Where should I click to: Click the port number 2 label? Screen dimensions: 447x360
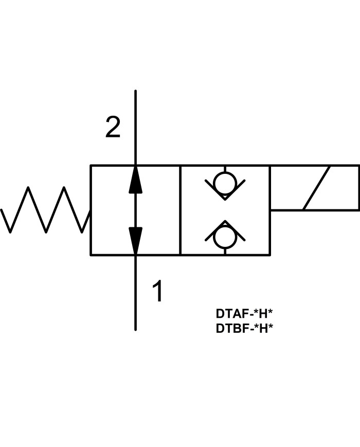(113, 128)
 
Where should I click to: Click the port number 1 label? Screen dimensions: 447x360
(158, 292)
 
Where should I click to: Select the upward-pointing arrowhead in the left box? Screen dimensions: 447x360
(135, 180)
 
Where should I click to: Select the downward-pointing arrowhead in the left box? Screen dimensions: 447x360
(135, 240)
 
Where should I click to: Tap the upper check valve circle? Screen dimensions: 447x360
(225, 184)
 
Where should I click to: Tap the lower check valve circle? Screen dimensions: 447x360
(225, 237)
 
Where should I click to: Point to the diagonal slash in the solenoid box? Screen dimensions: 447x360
(316, 188)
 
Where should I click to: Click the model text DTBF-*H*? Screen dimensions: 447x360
(244, 328)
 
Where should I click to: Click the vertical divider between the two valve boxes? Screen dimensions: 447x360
(180, 210)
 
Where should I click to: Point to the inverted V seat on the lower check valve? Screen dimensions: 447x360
(225, 230)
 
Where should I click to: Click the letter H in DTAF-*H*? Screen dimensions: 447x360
(262, 314)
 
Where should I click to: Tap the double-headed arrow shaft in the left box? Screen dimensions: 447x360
(135, 210)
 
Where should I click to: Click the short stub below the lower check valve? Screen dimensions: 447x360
(225, 251)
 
